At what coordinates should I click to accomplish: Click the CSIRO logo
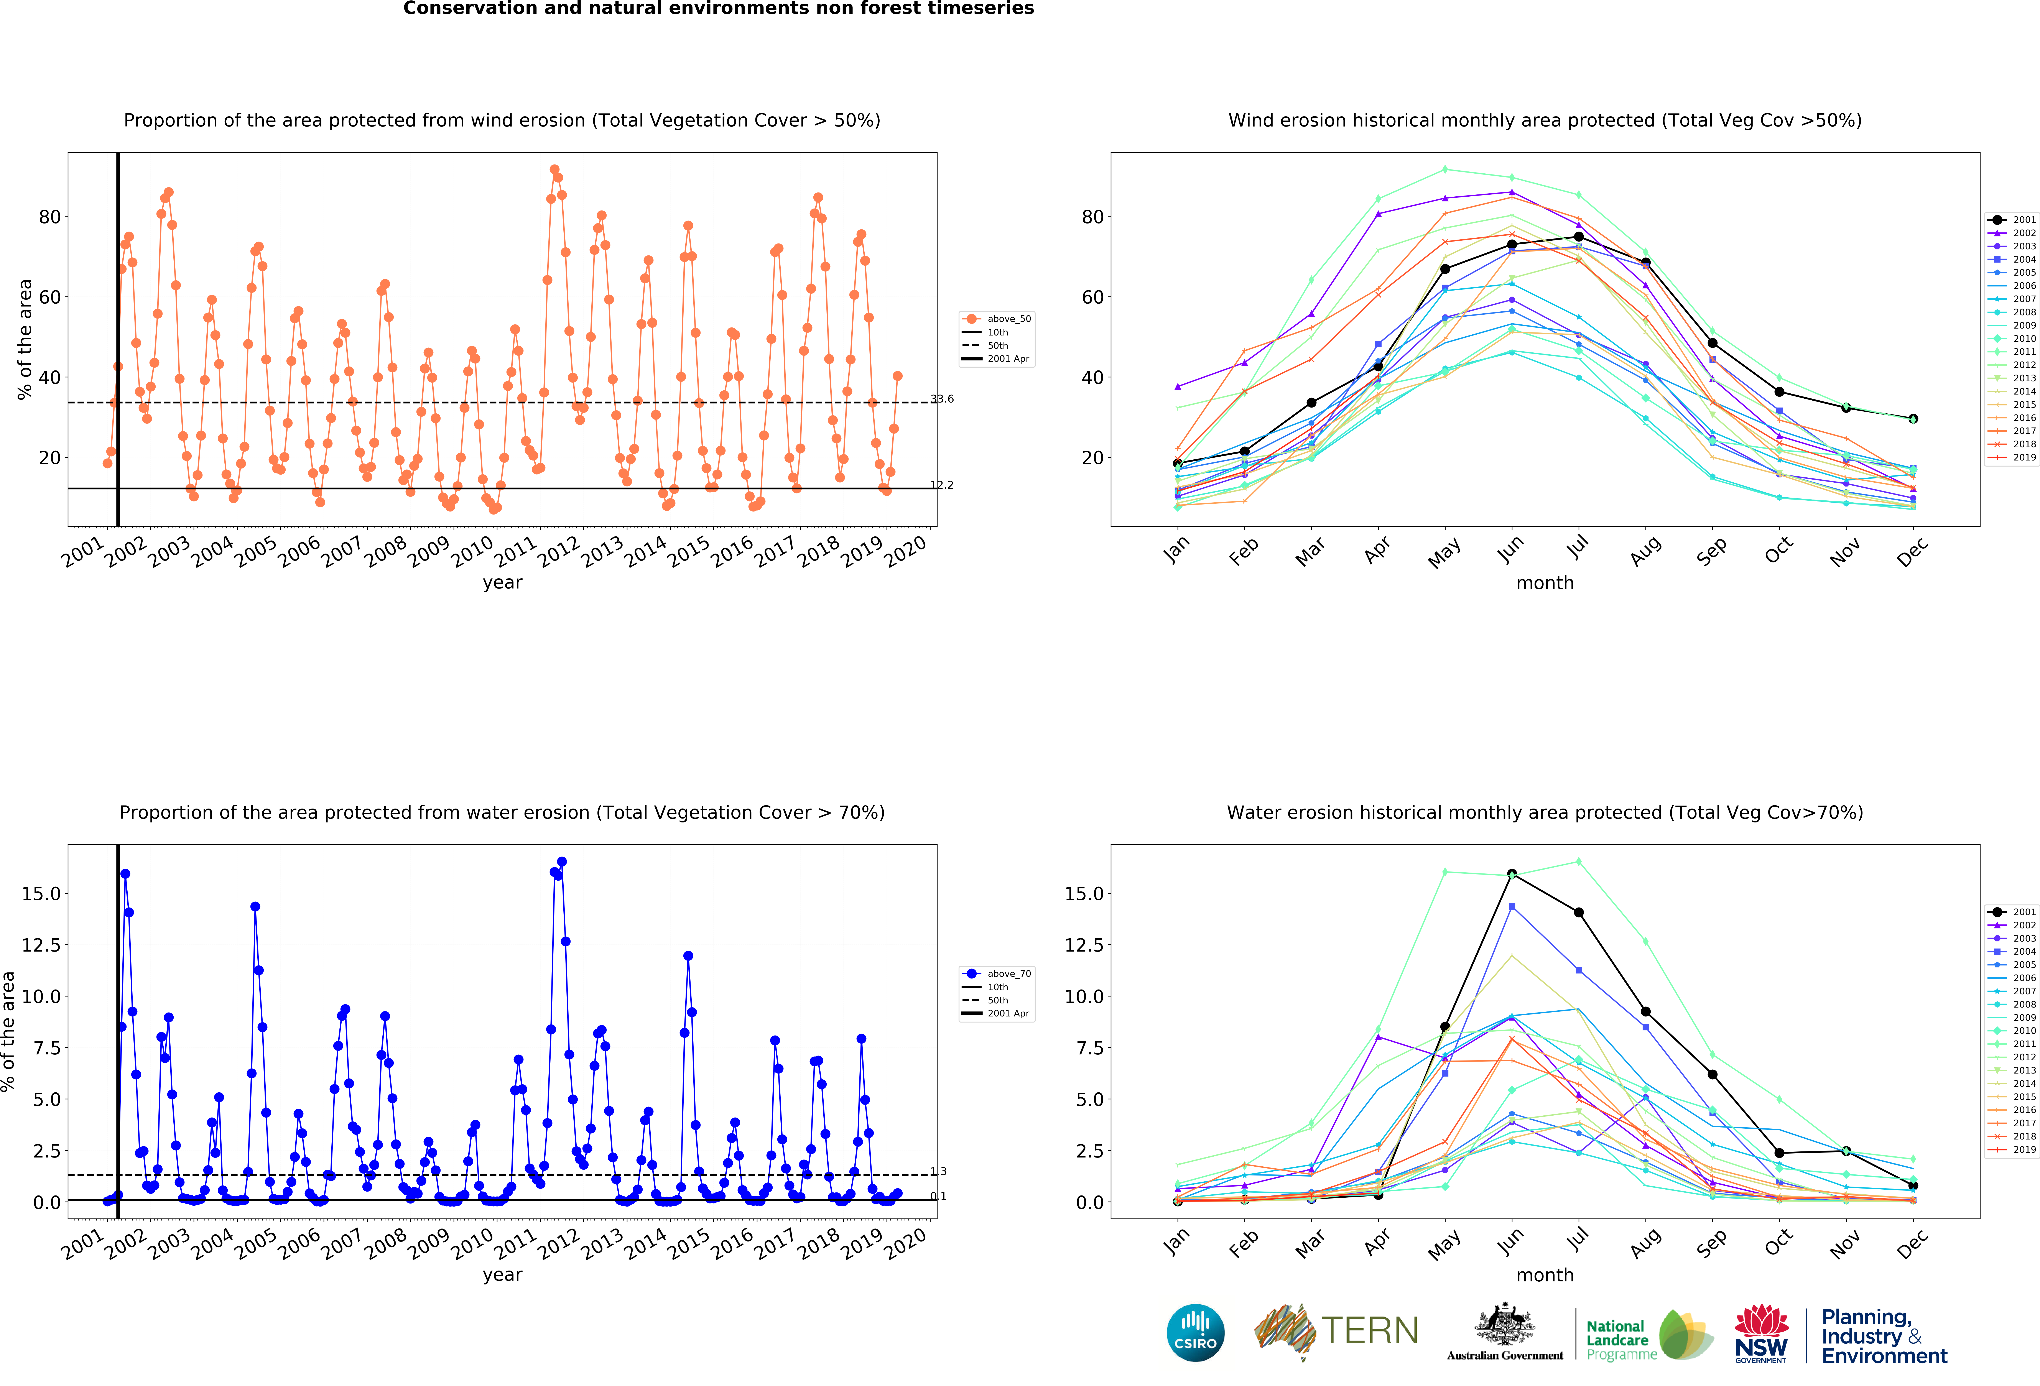[1196, 1332]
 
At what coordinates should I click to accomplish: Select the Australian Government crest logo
[1505, 1332]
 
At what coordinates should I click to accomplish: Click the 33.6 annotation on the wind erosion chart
[942, 399]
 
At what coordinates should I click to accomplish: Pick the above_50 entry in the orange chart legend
[996, 319]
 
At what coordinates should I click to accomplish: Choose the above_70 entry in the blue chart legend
[996, 973]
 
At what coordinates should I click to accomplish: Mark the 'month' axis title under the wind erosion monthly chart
[1545, 583]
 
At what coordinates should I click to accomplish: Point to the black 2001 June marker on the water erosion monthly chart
[1512, 874]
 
